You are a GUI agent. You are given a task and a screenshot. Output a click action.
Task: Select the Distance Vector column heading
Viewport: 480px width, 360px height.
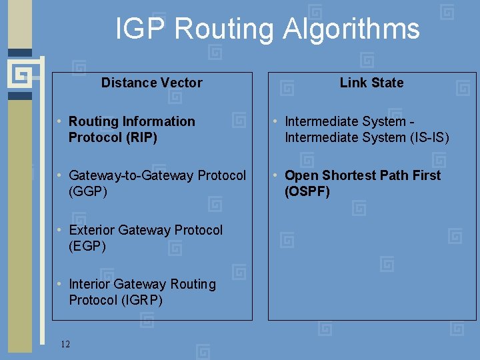coord(151,83)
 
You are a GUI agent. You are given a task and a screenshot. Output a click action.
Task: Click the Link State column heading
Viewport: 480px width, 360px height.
coord(371,83)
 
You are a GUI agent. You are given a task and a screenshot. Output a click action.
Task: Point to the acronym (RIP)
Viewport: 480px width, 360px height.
coord(137,137)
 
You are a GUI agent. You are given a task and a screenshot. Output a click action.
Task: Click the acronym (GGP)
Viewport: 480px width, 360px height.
coord(87,191)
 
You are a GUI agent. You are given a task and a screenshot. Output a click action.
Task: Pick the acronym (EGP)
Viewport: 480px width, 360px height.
coord(87,246)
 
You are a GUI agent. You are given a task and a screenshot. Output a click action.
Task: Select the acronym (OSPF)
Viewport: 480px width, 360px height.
coord(307,191)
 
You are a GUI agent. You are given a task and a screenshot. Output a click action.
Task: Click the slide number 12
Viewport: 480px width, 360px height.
coord(65,344)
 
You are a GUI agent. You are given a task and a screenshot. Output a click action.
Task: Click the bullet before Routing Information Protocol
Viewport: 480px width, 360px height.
coord(60,121)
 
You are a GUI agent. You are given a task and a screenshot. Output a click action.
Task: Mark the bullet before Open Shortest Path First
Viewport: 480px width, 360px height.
coord(276,175)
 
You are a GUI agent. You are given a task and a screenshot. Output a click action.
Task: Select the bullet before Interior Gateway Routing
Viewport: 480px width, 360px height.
coord(60,284)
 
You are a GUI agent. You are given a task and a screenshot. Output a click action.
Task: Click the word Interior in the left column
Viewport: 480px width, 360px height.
coord(89,284)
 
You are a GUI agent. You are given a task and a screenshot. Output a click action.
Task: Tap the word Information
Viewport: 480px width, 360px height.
coord(161,121)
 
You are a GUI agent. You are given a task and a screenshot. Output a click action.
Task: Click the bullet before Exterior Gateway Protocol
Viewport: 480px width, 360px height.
coord(60,230)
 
